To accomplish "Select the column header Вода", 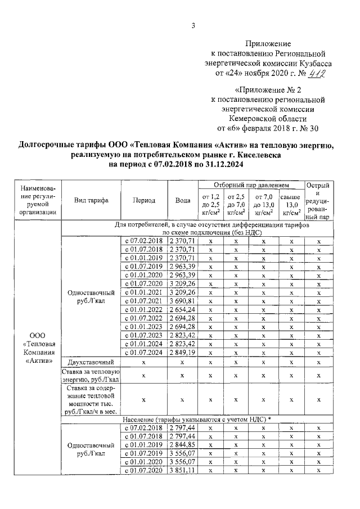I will coord(182,200).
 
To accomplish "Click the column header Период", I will coord(144,200).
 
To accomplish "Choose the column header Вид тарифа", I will coord(91,200).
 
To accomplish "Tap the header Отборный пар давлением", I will coord(250,185).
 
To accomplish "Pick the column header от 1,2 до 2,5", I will coord(210,205).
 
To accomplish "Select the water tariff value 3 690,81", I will coord(182,301).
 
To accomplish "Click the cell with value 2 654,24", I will coord(182,310).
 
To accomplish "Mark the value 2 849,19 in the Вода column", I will coord(182,352).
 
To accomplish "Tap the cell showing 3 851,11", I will coord(182,470).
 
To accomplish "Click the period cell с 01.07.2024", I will coord(143,352).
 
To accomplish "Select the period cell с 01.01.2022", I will coord(143,310).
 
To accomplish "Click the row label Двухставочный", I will coord(91,362).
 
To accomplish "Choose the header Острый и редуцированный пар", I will coord(318,200).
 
